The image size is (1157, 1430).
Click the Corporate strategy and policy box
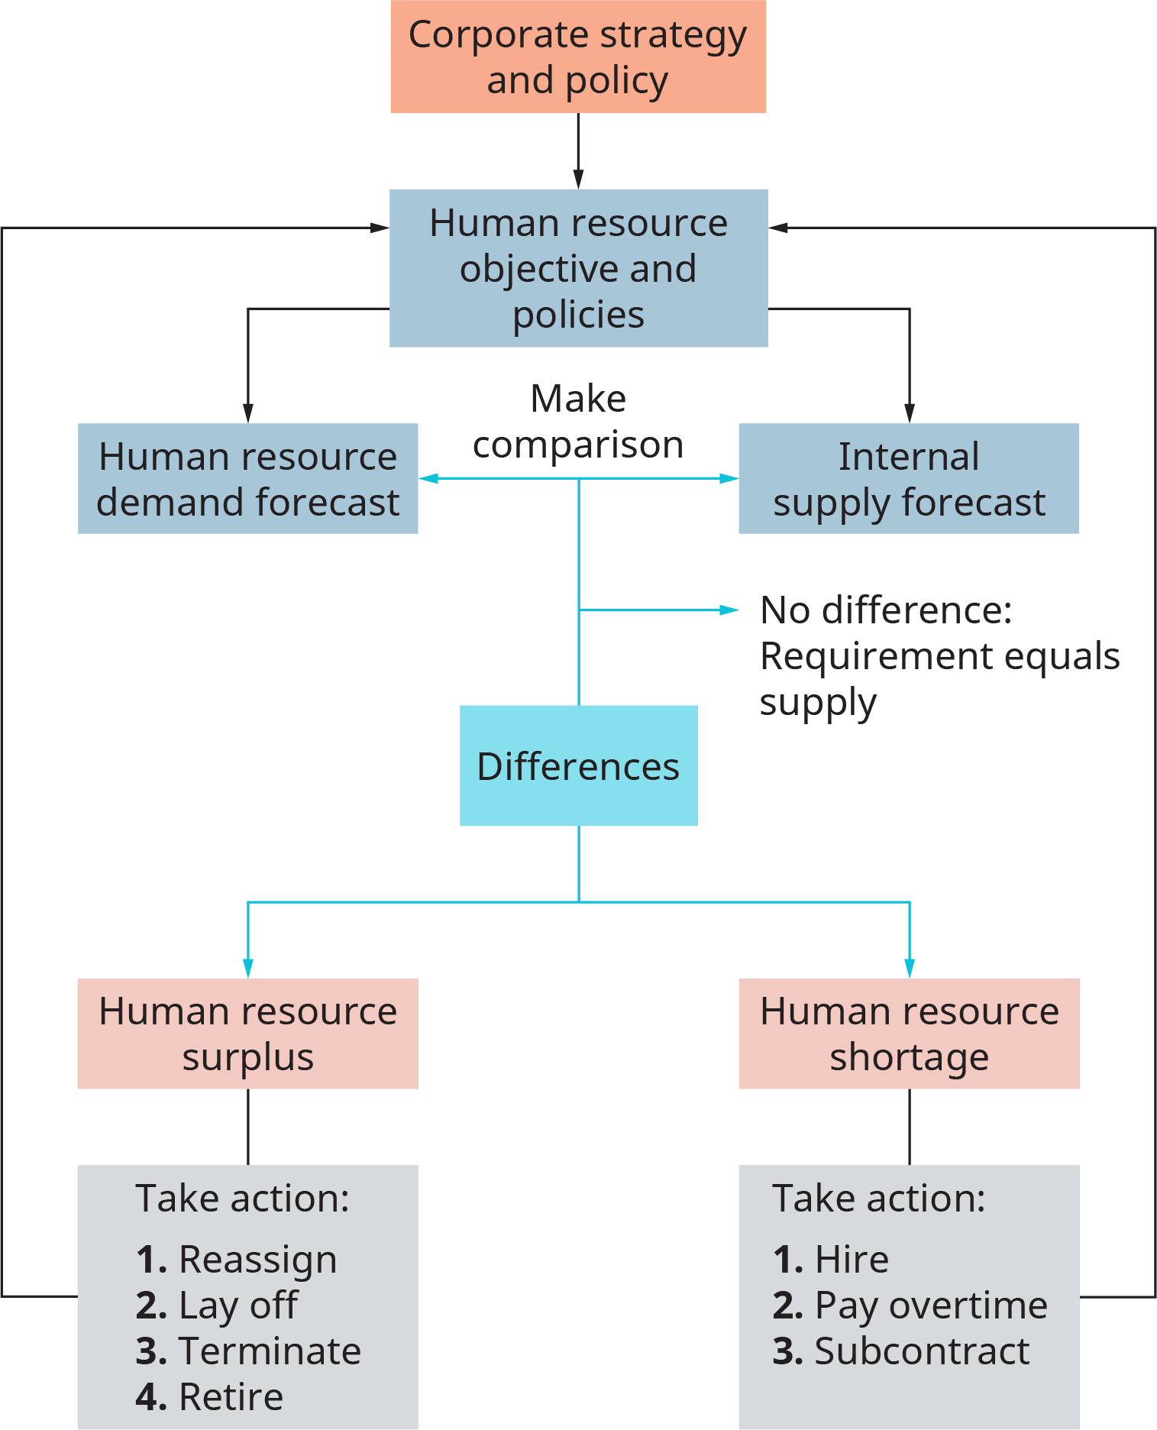pyautogui.click(x=578, y=57)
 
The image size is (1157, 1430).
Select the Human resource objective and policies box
pyautogui.click(x=578, y=268)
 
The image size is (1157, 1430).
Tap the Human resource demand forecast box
pyautogui.click(x=247, y=479)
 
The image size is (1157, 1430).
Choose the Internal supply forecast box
pyautogui.click(x=908, y=479)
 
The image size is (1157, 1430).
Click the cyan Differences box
pyautogui.click(x=578, y=765)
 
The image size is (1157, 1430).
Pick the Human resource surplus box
pyautogui.click(x=247, y=1034)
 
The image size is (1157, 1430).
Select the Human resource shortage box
pyautogui.click(x=909, y=1034)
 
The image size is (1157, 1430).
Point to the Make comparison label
pyautogui.click(x=578, y=422)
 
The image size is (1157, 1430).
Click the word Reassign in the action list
pyautogui.click(x=257, y=1259)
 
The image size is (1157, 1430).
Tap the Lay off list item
pyautogui.click(x=237, y=1305)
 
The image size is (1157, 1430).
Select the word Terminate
pyautogui.click(x=269, y=1351)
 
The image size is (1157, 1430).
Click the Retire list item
pyautogui.click(x=231, y=1396)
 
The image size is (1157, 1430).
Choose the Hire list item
pyautogui.click(x=852, y=1259)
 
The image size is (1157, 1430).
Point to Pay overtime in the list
pyautogui.click(x=930, y=1305)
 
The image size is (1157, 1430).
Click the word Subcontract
pyautogui.click(x=922, y=1351)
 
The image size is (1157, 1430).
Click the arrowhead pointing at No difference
pyautogui.click(x=730, y=610)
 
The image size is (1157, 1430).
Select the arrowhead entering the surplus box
pyautogui.click(x=247, y=969)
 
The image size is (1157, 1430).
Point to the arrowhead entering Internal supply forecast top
pyautogui.click(x=909, y=412)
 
